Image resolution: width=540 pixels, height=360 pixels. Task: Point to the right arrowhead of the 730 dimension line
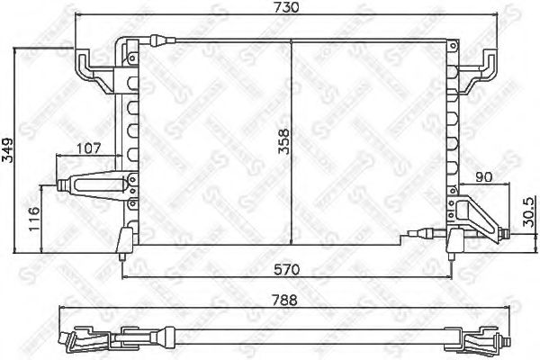pyautogui.click(x=494, y=18)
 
